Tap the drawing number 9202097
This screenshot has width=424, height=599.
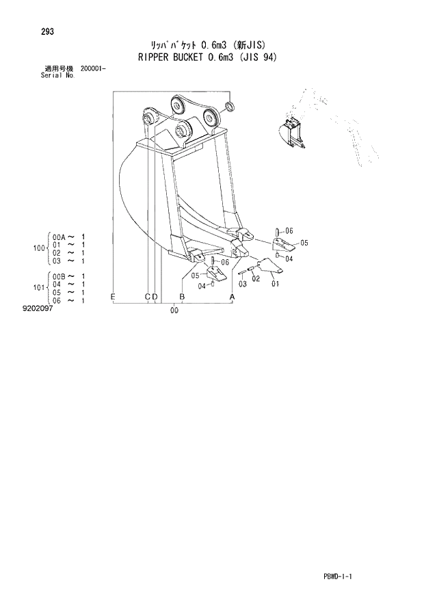click(37, 308)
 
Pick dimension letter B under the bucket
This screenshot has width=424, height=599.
click(182, 296)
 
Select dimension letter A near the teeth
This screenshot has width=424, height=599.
click(232, 296)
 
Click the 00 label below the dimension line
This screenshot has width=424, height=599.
click(174, 311)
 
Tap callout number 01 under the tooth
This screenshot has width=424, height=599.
click(276, 284)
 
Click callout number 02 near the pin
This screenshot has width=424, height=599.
click(256, 279)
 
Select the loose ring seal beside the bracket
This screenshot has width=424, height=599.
click(230, 106)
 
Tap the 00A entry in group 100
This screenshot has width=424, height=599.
click(58, 237)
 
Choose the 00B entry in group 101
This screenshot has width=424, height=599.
click(58, 276)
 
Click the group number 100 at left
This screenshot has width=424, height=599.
click(39, 248)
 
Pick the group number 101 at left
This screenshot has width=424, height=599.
click(39, 288)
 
